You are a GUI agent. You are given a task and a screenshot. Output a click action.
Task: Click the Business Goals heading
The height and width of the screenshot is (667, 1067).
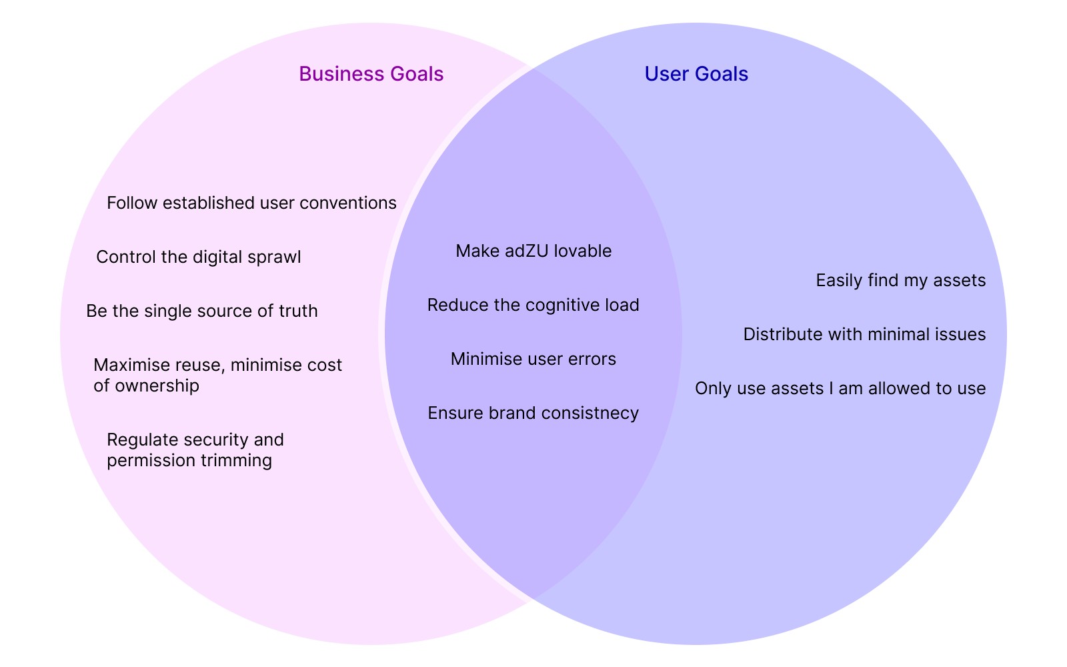tap(371, 74)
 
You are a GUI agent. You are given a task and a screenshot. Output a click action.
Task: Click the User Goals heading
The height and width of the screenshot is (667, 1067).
tap(696, 74)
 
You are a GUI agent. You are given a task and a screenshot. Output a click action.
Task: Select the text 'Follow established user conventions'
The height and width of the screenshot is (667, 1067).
tap(251, 203)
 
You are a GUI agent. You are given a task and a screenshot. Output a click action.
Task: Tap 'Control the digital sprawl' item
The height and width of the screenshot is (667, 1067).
tap(199, 257)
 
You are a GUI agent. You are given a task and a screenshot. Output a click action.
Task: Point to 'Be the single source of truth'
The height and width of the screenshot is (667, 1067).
tap(202, 311)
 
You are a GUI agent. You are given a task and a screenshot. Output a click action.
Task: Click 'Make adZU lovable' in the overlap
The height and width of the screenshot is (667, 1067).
tap(533, 251)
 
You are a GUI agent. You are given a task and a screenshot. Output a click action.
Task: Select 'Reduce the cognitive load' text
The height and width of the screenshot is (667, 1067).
tap(533, 305)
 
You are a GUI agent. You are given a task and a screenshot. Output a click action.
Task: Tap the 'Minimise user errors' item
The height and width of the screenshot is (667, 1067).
tap(533, 359)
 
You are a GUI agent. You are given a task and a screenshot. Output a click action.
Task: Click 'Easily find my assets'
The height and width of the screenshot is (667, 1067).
tap(900, 280)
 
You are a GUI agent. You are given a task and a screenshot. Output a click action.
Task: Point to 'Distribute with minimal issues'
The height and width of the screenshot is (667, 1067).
tap(864, 334)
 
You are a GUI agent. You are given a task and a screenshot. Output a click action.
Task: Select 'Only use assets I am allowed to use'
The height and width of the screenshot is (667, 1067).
tap(840, 388)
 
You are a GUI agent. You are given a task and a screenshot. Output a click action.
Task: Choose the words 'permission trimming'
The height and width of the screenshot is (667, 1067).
tap(189, 460)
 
